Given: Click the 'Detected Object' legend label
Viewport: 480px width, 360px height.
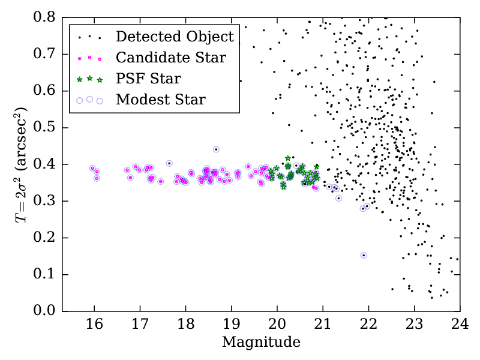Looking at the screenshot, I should tap(175, 37).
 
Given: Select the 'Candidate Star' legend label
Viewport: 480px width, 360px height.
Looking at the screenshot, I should tap(171, 58).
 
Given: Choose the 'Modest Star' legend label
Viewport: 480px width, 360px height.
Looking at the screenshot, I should tap(161, 99).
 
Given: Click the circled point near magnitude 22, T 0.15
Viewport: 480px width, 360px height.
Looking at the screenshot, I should tap(364, 255).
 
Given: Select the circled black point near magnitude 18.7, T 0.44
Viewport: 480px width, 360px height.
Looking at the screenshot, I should tap(216, 149).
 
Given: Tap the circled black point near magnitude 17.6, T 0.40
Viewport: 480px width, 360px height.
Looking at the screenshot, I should tap(169, 163).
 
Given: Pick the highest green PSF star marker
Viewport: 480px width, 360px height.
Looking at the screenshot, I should tap(288, 158).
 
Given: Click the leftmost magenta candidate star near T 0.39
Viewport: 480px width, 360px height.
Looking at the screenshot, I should tap(92, 168).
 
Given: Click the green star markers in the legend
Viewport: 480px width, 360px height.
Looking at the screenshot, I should tap(89, 79).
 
